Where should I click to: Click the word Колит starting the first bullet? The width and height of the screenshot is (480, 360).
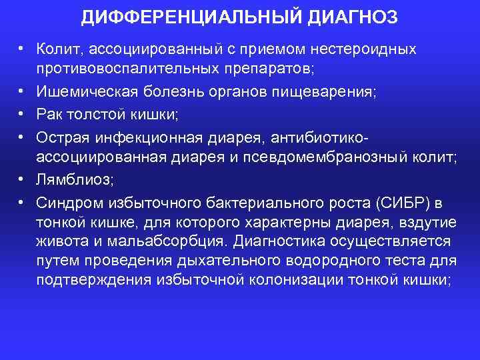point(57,50)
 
